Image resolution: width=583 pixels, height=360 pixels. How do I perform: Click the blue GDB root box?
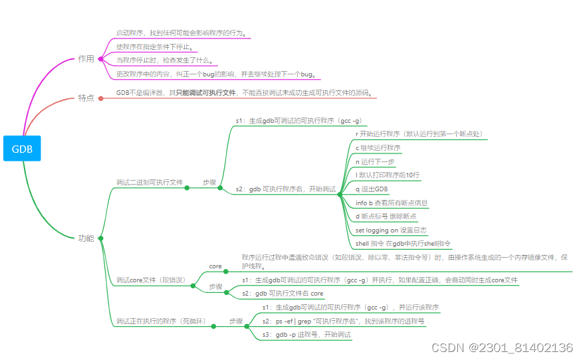(22, 149)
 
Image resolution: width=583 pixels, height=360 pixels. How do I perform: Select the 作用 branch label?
(86, 59)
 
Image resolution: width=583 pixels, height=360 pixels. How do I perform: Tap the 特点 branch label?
(86, 98)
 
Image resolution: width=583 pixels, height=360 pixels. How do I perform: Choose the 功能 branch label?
(86, 238)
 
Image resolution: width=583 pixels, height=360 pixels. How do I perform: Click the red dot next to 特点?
(100, 98)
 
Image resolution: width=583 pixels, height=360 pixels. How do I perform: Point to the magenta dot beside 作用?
(100, 59)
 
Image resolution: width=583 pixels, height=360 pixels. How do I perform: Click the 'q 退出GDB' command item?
(372, 189)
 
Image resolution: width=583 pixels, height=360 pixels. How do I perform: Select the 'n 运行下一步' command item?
(375, 161)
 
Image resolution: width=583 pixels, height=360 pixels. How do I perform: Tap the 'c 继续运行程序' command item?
(378, 148)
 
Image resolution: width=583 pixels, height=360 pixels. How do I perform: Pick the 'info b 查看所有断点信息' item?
(392, 203)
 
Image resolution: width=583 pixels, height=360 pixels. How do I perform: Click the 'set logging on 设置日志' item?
(391, 230)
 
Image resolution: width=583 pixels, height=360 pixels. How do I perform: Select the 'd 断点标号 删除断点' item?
(386, 217)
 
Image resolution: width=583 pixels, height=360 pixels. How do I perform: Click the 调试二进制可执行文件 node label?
(150, 183)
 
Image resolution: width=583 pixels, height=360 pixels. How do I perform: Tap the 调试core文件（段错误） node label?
(151, 280)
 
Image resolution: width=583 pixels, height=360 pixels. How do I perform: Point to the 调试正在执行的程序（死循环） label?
(161, 321)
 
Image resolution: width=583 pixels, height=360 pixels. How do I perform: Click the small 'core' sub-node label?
(215, 266)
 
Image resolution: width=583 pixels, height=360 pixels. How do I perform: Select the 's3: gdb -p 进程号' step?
(306, 335)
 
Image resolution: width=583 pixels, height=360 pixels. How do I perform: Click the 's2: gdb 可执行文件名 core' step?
(283, 294)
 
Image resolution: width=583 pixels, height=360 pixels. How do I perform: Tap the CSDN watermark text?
(502, 348)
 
